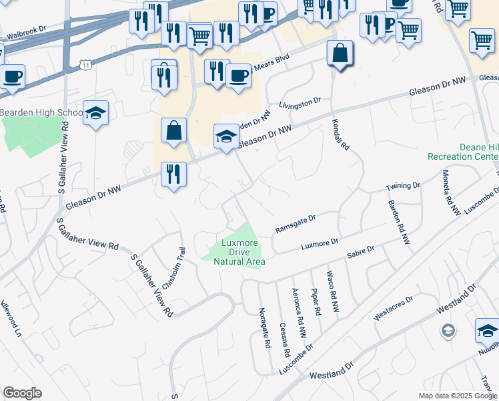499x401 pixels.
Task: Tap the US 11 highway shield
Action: [x=85, y=63]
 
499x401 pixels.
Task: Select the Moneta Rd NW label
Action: [x=451, y=192]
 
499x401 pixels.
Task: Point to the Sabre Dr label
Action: [x=361, y=252]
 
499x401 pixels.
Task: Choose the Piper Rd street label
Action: [x=316, y=301]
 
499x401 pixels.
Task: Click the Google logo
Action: [x=22, y=393]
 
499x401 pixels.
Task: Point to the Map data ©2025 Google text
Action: [x=457, y=396]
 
